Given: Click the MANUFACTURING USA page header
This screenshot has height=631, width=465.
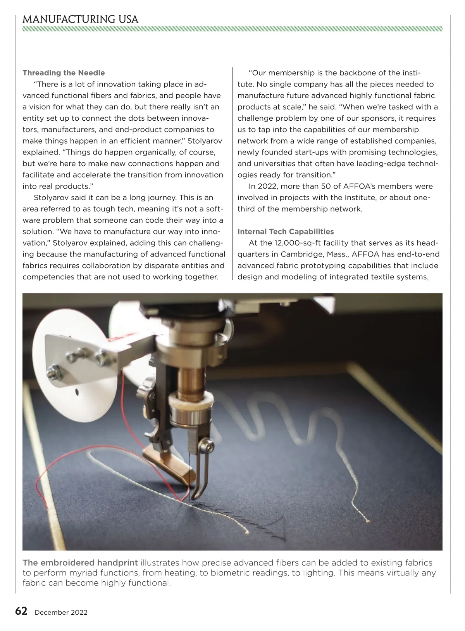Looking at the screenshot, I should pos(80,19).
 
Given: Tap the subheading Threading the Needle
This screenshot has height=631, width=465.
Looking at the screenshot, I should pos(64,73).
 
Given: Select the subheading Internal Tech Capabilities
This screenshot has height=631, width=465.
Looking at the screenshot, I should pos(286,232).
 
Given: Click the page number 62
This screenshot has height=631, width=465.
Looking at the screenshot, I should pos(21,611).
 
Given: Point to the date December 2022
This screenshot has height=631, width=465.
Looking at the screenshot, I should pos(61,612).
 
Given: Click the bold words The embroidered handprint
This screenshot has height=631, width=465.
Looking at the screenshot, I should pos(80,563).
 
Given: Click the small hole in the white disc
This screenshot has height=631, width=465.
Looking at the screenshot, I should pos(77,391).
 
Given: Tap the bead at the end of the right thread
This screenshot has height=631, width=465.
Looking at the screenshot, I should pos(367,521).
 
